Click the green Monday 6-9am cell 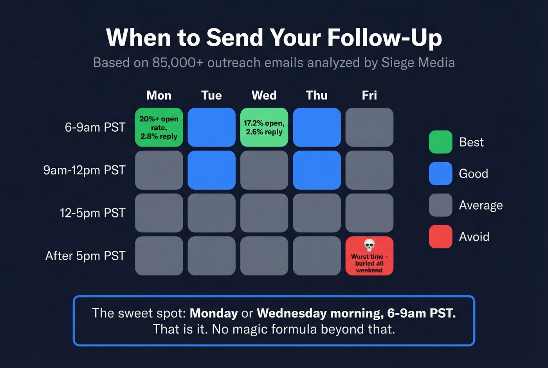pos(159,127)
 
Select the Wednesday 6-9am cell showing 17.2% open pos(264,127)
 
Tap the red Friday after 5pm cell pos(369,256)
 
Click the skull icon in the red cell pos(369,245)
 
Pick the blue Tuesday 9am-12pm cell pos(211,170)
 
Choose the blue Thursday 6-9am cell pos(317,127)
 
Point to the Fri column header pos(369,95)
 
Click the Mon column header pos(159,95)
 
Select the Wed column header pos(264,95)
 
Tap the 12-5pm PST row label pos(92,213)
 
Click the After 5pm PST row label pos(85,256)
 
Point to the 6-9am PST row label pos(95,127)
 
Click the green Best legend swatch pos(440,142)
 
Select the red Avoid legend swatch pos(440,237)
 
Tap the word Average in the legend pos(481,205)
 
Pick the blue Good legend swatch pos(440,174)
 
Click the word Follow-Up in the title pos(385,38)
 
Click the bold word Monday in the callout pos(214,313)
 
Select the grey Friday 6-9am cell pos(369,127)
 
